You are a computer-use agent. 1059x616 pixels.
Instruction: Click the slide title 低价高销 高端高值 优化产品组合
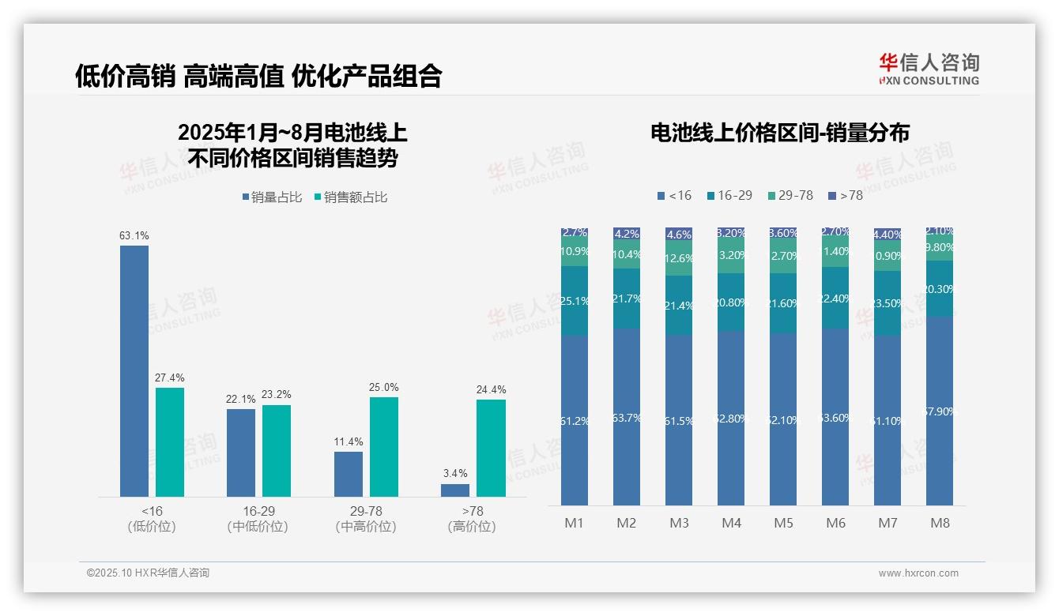coord(258,76)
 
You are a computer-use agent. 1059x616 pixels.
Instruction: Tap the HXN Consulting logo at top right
coord(929,69)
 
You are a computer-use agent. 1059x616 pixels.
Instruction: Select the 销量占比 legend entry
coord(272,197)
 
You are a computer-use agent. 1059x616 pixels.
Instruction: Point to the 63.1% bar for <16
coord(134,371)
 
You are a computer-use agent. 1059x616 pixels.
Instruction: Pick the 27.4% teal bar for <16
coord(170,442)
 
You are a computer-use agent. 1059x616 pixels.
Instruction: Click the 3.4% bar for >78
coord(455,490)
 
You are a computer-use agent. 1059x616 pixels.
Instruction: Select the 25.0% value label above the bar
coord(384,388)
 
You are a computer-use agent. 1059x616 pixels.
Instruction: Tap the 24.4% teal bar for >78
coord(491,449)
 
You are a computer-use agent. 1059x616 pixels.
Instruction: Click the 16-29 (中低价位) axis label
coord(257,519)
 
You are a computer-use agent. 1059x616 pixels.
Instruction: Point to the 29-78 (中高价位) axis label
coord(365,519)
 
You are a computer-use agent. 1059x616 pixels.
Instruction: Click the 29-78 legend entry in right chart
coord(790,195)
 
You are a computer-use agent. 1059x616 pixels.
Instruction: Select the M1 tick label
coord(574,523)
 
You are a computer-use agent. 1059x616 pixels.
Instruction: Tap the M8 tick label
coord(940,523)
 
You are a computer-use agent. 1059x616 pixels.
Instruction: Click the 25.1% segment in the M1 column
coord(574,301)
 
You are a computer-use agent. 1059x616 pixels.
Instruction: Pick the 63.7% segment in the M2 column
coord(626,417)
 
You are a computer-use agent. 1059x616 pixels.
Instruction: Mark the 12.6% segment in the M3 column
coord(679,258)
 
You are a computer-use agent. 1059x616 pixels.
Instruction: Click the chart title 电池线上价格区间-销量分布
coord(779,133)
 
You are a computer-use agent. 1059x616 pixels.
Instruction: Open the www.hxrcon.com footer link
coord(918,573)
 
